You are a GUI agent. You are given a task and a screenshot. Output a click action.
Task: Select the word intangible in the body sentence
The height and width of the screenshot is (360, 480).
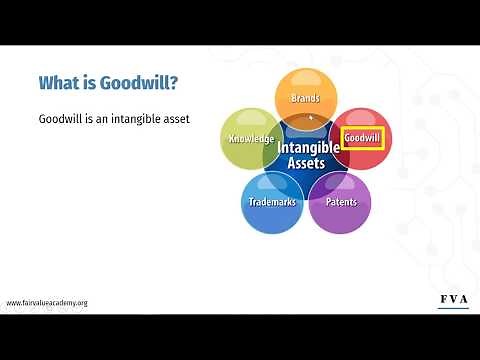(x=130, y=119)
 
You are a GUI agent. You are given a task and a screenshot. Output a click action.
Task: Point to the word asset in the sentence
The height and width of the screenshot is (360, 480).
(x=175, y=119)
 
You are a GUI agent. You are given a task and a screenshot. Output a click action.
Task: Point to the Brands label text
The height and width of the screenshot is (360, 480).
(x=305, y=98)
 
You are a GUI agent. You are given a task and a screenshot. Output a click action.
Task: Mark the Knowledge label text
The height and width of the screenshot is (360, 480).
(x=250, y=138)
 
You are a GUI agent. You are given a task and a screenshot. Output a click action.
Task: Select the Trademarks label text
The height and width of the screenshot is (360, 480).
(x=272, y=202)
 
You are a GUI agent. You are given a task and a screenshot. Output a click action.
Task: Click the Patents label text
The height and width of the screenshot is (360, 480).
(x=340, y=202)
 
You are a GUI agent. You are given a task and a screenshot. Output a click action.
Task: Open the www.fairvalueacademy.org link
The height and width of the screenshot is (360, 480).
(x=47, y=302)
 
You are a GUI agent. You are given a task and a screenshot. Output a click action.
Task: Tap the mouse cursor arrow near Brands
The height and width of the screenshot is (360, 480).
(x=311, y=117)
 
